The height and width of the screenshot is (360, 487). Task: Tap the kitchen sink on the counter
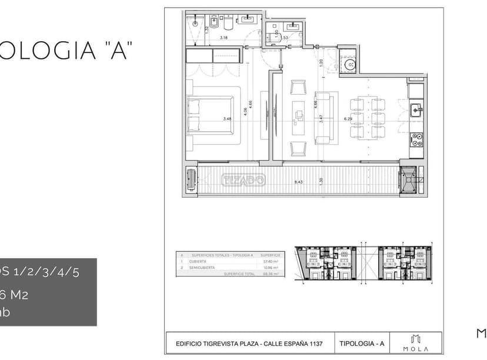(x=415, y=109)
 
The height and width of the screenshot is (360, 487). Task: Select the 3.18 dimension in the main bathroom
(x=224, y=38)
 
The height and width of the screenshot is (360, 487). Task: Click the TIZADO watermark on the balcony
(x=242, y=180)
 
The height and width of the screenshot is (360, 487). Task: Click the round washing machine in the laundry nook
(x=350, y=64)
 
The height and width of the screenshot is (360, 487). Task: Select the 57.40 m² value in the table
(x=271, y=262)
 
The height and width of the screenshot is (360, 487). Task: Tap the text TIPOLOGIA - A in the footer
(x=362, y=343)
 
